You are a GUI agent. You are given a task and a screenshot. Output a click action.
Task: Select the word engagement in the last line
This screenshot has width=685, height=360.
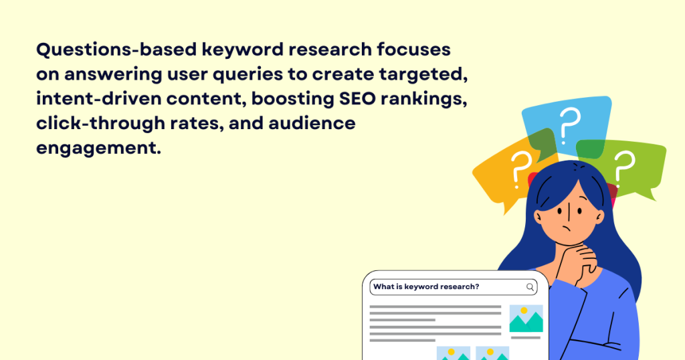click(98, 147)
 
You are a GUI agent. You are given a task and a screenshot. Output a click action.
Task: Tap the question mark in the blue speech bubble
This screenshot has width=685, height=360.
click(568, 124)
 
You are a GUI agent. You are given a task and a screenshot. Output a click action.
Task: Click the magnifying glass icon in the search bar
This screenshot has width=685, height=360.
click(530, 287)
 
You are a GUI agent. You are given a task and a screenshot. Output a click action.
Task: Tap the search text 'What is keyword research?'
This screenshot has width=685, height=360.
click(426, 287)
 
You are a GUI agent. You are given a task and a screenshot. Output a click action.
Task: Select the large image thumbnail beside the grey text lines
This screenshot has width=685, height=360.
click(526, 319)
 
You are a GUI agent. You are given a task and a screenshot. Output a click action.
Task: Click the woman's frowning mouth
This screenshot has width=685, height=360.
click(569, 228)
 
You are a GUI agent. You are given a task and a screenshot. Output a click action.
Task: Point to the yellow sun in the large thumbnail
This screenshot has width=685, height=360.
click(524, 311)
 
